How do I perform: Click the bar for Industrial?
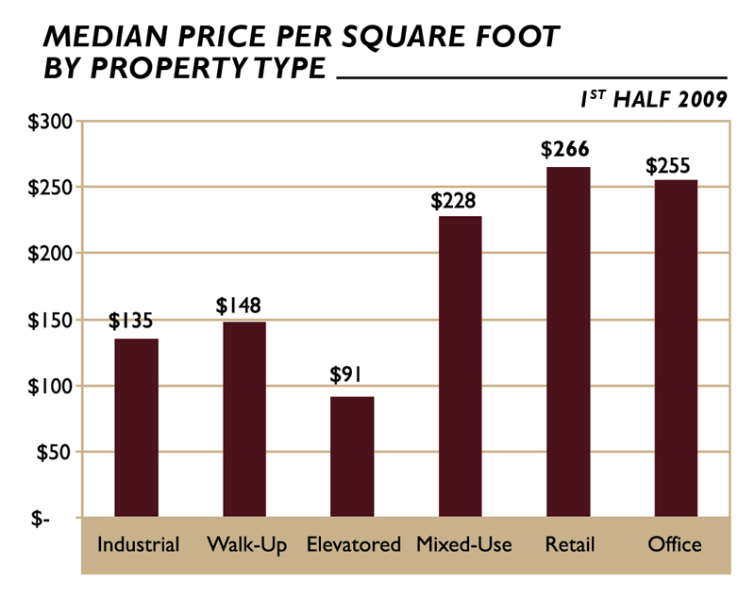point(137,427)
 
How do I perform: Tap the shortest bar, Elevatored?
point(352,457)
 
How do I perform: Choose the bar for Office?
point(676,348)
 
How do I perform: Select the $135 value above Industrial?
point(133,322)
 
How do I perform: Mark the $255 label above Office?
point(671,164)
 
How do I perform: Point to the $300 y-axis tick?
point(43,122)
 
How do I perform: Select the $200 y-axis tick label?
point(43,254)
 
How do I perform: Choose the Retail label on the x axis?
point(567,545)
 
